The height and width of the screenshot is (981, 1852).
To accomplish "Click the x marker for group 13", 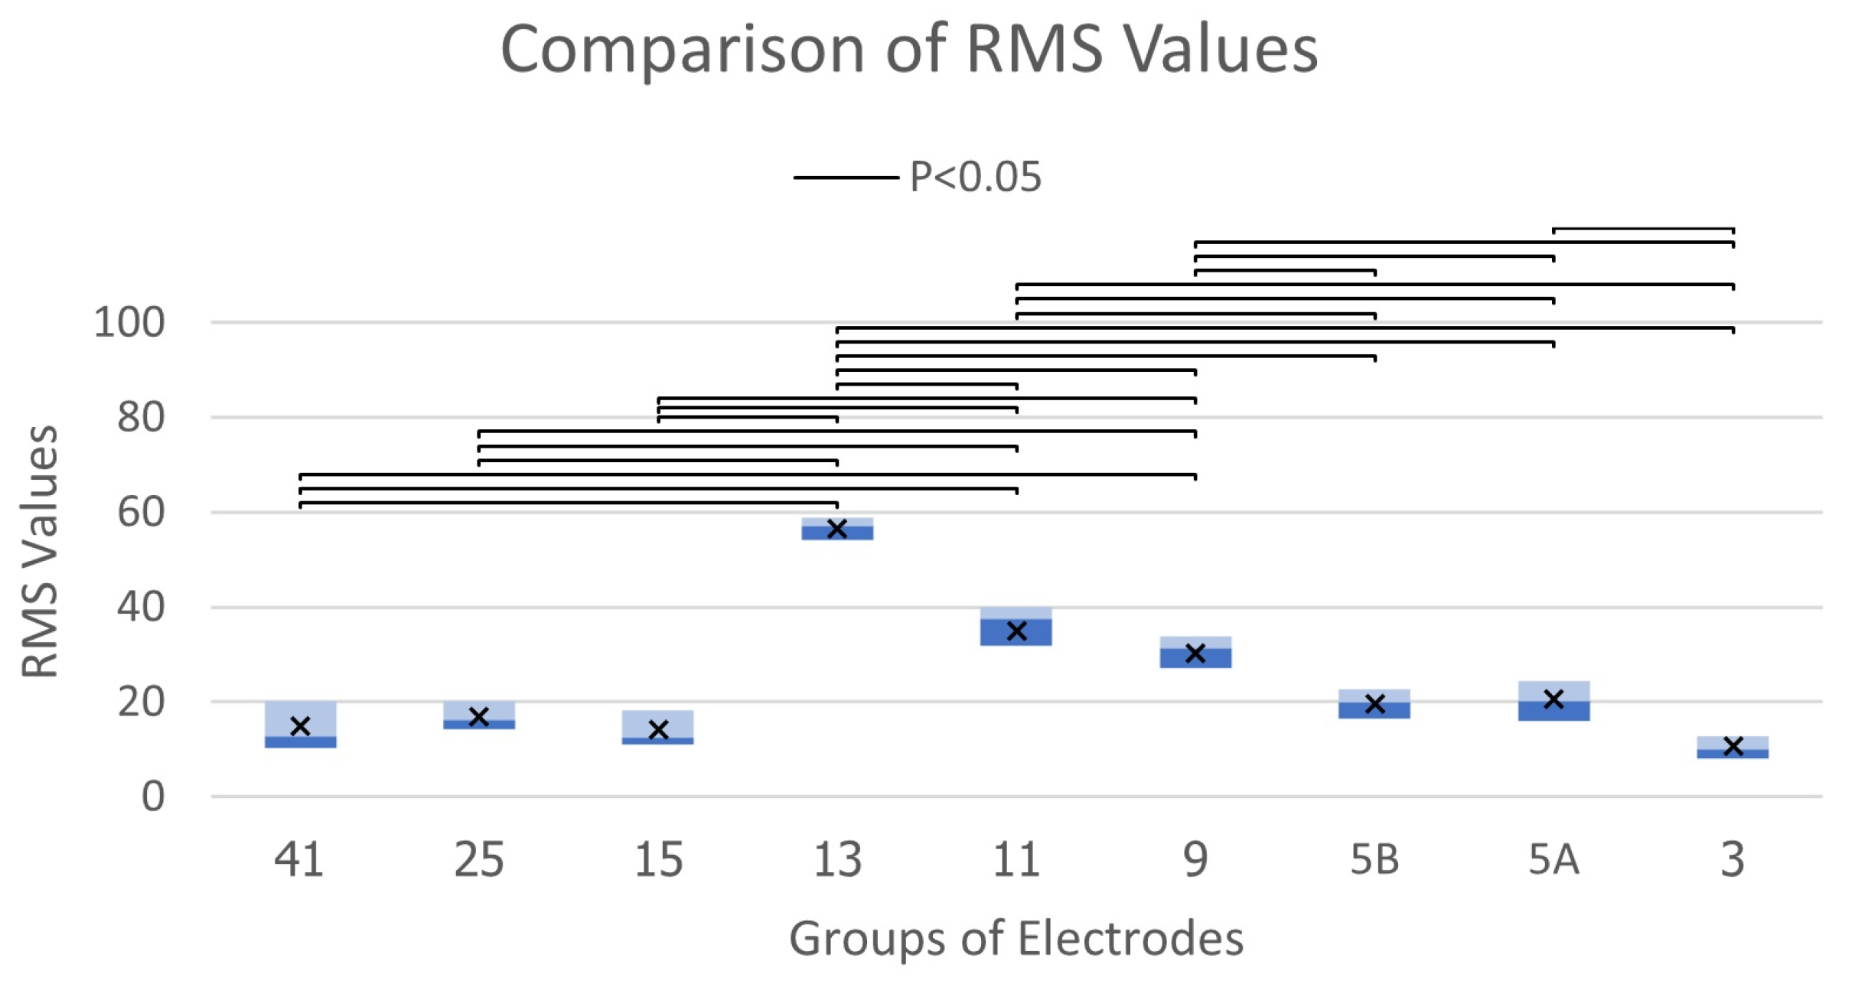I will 837,529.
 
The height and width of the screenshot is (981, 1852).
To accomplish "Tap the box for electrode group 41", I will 300,724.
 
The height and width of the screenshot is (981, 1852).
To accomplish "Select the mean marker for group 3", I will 1733,746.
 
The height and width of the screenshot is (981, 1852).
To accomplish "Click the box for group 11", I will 1016,627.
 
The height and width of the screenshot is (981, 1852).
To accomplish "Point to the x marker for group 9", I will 1195,653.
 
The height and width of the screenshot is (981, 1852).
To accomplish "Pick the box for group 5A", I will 1554,702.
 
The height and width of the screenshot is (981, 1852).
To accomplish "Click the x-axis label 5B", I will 1374,859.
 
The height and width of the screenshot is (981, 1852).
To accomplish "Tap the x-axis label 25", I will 479,859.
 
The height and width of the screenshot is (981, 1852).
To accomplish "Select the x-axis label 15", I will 658,859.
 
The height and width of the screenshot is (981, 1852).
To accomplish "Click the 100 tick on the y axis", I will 129,322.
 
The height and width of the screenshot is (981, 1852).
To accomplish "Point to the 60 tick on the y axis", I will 141,512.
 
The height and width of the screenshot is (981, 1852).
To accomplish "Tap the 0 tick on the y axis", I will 152,797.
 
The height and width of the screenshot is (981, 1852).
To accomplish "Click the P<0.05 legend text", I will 975,177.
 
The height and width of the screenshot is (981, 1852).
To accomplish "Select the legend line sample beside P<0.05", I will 846,178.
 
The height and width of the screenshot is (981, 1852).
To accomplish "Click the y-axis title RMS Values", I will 40,551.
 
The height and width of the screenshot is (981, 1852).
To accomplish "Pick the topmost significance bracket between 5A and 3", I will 1643,229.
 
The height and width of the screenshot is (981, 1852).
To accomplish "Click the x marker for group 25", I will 479,717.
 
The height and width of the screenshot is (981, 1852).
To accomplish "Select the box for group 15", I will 658,727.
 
